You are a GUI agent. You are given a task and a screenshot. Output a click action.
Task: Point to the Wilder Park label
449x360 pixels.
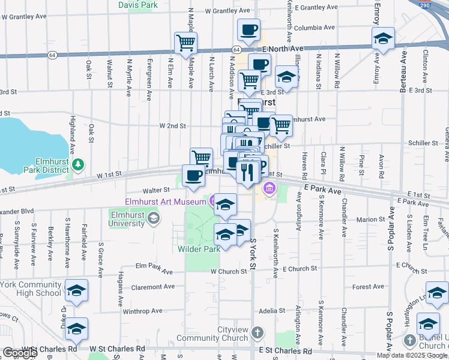199,248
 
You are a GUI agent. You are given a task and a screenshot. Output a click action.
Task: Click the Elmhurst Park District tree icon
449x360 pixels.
76,163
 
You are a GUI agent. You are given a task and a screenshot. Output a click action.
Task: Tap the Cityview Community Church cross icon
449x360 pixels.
258,332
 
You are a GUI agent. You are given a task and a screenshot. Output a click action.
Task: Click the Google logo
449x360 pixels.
19,353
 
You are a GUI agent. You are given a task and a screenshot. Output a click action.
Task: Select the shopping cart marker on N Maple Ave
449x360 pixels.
186,43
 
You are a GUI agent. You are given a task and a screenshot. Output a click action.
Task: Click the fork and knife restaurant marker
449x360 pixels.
247,172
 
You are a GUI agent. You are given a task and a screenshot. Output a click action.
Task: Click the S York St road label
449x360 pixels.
253,253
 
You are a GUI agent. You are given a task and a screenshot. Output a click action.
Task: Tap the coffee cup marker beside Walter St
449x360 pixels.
193,175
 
